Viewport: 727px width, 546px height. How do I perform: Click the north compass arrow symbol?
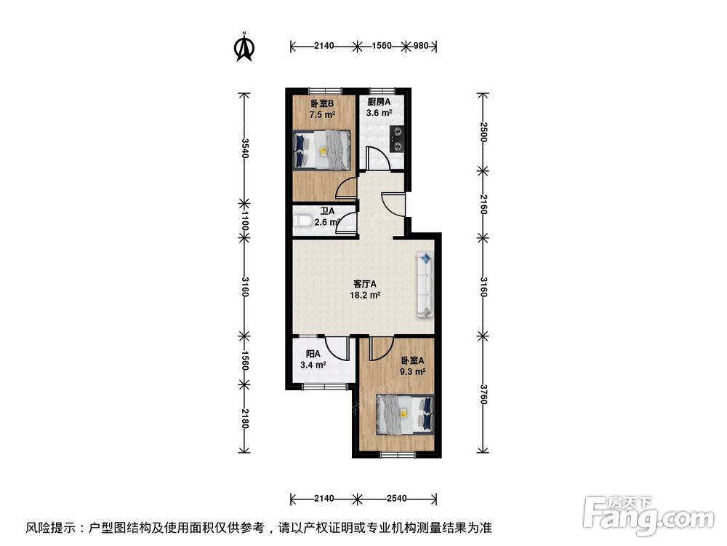(x=244, y=47)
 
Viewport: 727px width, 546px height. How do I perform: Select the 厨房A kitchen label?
(x=379, y=103)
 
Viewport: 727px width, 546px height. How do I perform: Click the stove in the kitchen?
(x=397, y=138)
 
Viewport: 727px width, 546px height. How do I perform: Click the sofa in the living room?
(x=425, y=285)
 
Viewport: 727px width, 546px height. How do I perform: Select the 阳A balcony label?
(x=313, y=355)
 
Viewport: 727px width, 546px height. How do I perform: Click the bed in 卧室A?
(x=405, y=416)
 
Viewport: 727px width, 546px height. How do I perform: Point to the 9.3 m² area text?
(x=412, y=371)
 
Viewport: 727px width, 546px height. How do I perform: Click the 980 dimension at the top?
(x=422, y=46)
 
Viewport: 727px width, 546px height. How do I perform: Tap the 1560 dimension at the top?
(x=382, y=46)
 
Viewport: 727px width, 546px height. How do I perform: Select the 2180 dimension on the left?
(x=245, y=419)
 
